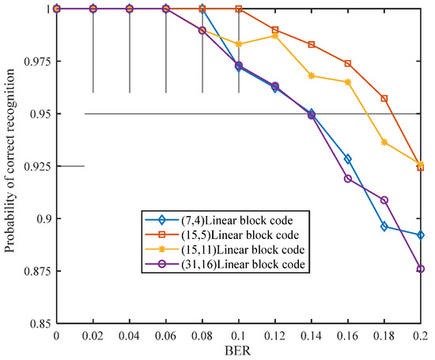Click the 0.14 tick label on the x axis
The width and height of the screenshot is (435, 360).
click(311, 336)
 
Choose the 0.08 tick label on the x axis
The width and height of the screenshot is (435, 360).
click(202, 336)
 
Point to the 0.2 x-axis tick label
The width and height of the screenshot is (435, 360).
click(420, 336)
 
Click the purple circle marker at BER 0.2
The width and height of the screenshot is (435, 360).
click(420, 269)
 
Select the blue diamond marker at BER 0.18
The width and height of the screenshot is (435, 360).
click(384, 226)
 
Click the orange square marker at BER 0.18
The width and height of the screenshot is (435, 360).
click(384, 99)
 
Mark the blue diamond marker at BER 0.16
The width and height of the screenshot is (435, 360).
click(347, 159)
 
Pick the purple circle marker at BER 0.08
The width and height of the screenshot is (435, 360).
click(202, 31)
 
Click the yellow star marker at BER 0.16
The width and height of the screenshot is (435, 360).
click(347, 82)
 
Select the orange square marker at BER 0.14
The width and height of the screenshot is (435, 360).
click(311, 45)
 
